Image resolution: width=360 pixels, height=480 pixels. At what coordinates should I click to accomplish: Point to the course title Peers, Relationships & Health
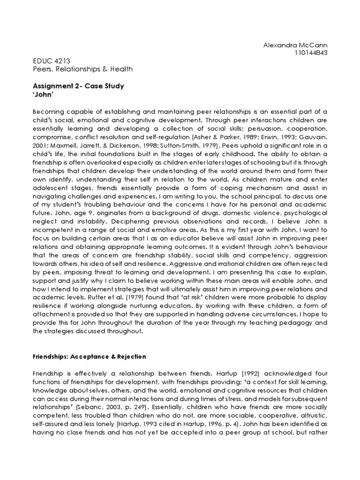point(83,69)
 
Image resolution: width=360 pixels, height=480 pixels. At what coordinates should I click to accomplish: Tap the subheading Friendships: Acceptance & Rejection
point(90,356)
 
